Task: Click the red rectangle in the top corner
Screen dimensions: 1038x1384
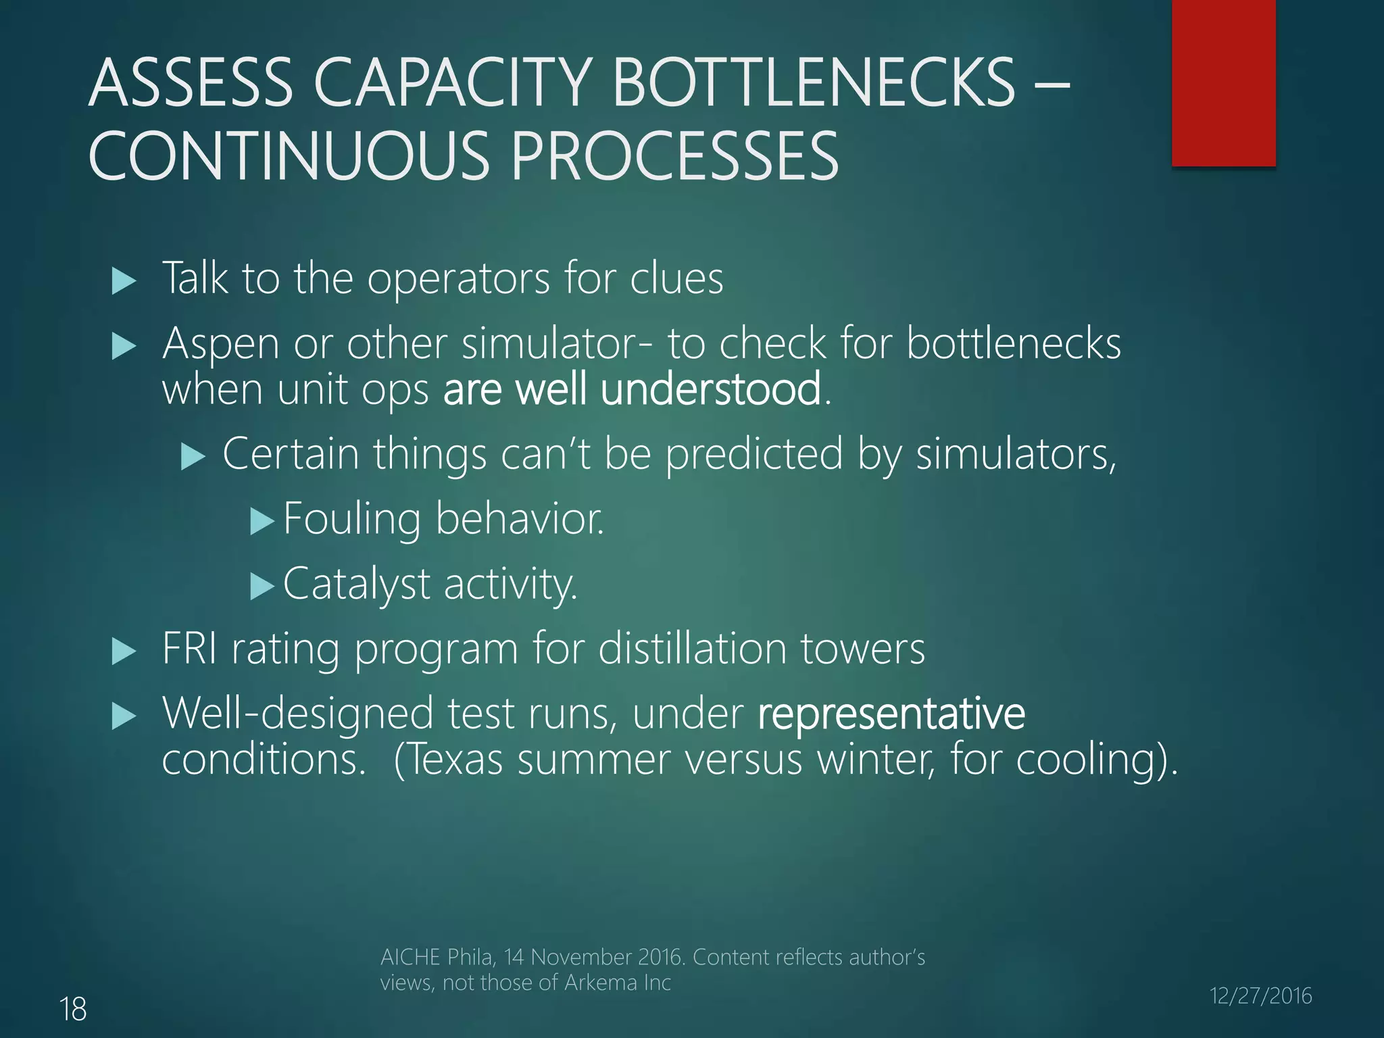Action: click(1223, 82)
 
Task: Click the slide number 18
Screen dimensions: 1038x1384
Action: click(73, 1010)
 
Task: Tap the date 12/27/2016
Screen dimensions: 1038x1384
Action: click(1260, 995)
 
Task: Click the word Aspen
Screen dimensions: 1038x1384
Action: click(220, 344)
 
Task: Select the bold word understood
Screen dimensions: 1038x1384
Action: click(711, 390)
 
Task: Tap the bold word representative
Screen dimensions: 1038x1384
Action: click(891, 714)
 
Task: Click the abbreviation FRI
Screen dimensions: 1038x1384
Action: click(189, 649)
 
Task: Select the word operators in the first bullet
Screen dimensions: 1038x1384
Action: click(458, 279)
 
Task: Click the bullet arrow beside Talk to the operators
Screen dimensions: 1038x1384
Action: click(124, 280)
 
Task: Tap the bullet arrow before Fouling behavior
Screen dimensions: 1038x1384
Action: click(262, 521)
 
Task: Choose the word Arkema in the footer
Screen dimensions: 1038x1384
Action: click(601, 983)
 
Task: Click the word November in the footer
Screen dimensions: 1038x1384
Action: click(583, 958)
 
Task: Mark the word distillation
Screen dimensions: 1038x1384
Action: click(692, 649)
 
